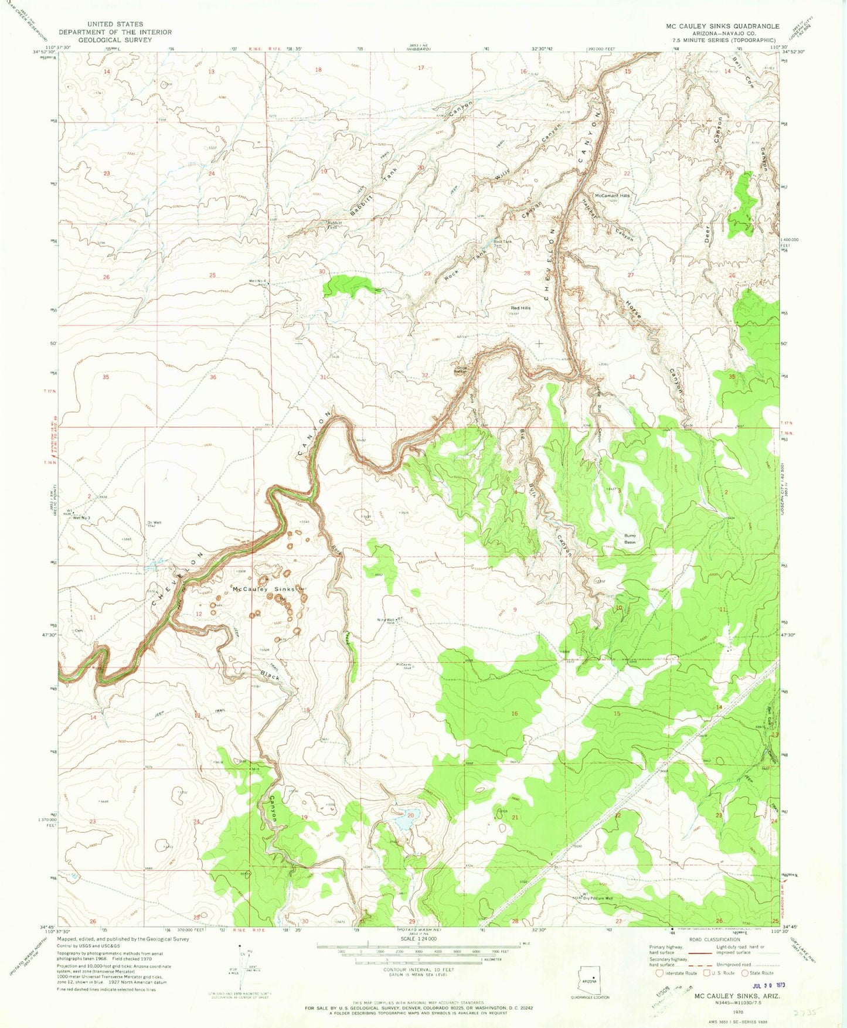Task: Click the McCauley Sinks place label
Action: [x=264, y=589]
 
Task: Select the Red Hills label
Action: [x=521, y=308]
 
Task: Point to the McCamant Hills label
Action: [x=612, y=196]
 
